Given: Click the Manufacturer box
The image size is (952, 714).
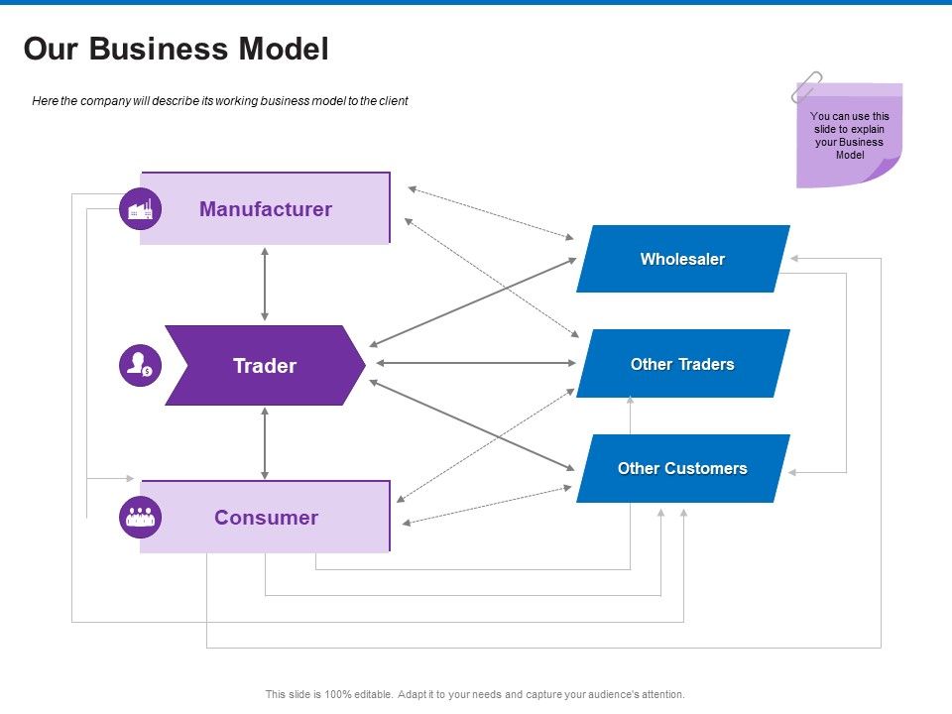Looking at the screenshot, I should pyautogui.click(x=266, y=208).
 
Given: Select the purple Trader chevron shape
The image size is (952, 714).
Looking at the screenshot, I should pyautogui.click(x=265, y=366).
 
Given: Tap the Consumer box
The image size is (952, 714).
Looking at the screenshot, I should pyautogui.click(x=266, y=517).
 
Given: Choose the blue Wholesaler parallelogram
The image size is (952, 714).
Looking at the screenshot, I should pyautogui.click(x=682, y=259).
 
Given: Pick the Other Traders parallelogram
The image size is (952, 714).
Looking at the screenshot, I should pyautogui.click(x=682, y=364).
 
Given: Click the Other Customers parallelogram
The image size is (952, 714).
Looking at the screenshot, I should pyautogui.click(x=682, y=468).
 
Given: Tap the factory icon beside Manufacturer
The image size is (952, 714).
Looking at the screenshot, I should pyautogui.click(x=140, y=208).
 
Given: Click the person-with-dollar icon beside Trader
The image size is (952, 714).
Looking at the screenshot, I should pyautogui.click(x=140, y=366).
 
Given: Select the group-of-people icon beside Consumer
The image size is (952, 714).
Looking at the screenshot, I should pyautogui.click(x=140, y=517).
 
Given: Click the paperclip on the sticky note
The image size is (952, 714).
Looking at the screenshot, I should pyautogui.click(x=805, y=86).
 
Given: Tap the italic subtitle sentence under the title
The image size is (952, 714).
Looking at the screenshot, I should pyautogui.click(x=219, y=101).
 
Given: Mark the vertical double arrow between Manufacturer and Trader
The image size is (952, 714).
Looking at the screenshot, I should pyautogui.click(x=265, y=284).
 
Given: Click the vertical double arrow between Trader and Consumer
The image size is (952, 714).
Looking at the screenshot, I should pyautogui.click(x=265, y=442).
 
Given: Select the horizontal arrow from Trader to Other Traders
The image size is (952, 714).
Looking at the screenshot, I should pyautogui.click(x=471, y=363).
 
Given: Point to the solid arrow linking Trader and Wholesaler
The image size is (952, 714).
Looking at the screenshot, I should pyautogui.click(x=472, y=301).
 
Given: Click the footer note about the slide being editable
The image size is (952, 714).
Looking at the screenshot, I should pyautogui.click(x=475, y=694).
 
